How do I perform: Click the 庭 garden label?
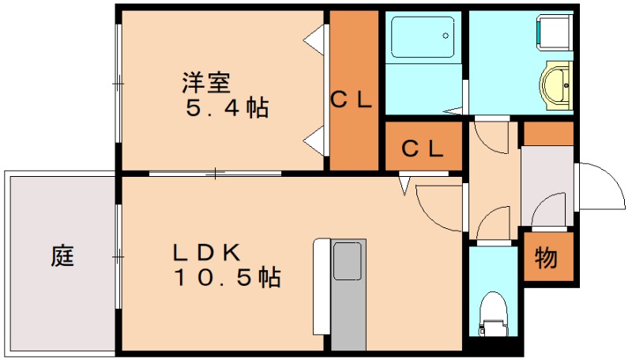point(63,256)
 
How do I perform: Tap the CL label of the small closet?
point(423,148)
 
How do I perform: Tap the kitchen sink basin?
point(348,261)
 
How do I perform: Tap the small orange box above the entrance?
point(548,133)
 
